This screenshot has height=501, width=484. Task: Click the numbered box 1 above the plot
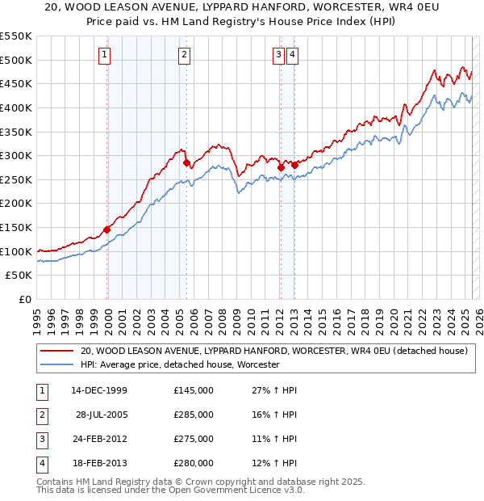(x=106, y=55)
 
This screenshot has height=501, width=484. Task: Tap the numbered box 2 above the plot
(x=185, y=55)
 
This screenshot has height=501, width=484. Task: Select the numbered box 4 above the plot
(x=292, y=55)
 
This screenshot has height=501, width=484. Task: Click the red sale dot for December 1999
(x=107, y=229)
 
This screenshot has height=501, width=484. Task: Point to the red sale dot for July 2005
(x=186, y=162)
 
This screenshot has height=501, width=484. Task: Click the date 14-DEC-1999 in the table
(x=99, y=390)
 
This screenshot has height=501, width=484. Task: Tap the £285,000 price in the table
(x=194, y=415)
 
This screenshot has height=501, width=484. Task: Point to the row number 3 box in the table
(x=41, y=439)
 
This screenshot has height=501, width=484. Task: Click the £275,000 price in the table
(x=194, y=439)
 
